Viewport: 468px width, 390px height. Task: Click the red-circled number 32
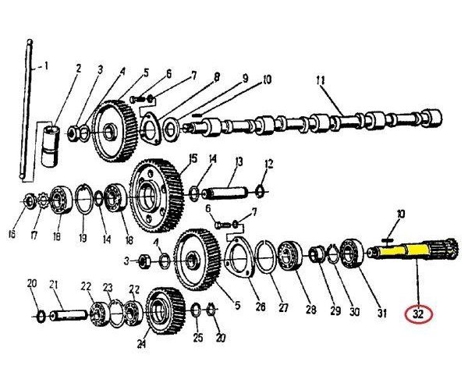(420, 314)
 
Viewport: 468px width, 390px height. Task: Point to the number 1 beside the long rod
(45, 66)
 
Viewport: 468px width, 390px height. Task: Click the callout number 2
(78, 69)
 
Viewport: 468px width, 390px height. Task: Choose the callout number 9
(243, 79)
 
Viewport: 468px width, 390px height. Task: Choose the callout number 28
(310, 310)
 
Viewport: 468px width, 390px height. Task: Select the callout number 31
(382, 314)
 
